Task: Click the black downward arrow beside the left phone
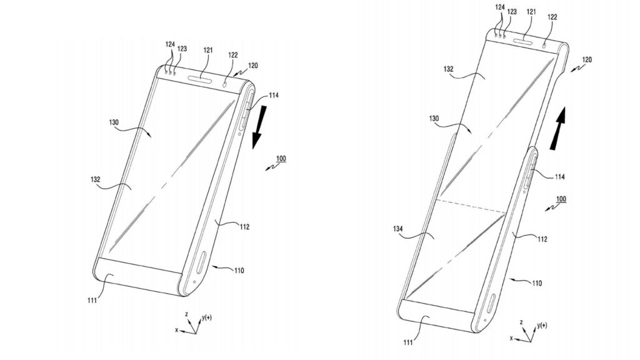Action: point(259,126)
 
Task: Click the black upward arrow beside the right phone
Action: point(558,129)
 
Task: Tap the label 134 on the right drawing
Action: point(397,229)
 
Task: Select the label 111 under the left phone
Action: point(92,301)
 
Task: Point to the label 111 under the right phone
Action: point(408,342)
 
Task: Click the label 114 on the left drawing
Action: point(274,96)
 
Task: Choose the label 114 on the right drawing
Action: point(559,177)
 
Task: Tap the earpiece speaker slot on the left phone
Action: point(201,79)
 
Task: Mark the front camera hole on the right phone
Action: point(546,45)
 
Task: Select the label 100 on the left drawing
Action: point(281,158)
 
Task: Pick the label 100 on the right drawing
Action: point(561,199)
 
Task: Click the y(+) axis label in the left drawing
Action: point(206,317)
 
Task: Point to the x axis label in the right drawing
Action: point(511,338)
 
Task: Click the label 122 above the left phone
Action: point(232,55)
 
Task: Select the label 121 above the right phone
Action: point(531,12)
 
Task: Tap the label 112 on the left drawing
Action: point(244,227)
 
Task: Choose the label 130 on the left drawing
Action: point(114,122)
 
